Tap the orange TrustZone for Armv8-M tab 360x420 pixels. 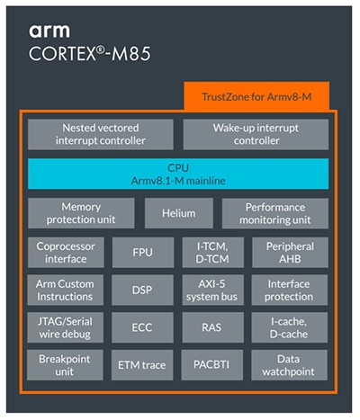point(256,96)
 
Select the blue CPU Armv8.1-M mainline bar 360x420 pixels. point(177,174)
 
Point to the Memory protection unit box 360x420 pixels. point(81,213)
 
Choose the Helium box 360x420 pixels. point(178,213)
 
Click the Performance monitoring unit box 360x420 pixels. point(274,213)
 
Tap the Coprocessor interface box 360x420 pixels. point(66,252)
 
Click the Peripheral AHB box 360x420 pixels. point(288,252)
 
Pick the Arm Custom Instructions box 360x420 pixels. point(66,290)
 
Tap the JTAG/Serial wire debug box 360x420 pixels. point(66,327)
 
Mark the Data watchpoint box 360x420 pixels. point(288,365)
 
